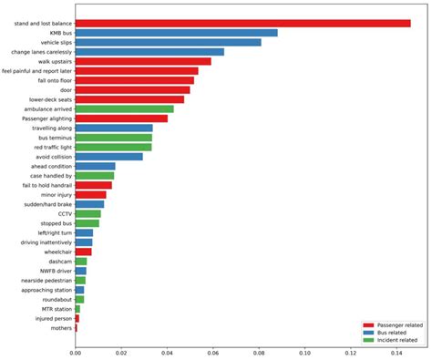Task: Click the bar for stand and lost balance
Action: (x=242, y=24)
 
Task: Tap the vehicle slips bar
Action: (x=168, y=43)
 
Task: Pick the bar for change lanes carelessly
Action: (x=149, y=52)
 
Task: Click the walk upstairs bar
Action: (x=143, y=61)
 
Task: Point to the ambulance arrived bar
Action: (x=124, y=108)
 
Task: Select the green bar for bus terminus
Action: (x=113, y=137)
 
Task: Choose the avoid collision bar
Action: (x=108, y=156)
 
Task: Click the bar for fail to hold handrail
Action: (x=93, y=185)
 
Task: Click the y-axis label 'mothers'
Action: (x=61, y=327)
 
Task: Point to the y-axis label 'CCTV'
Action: (x=64, y=213)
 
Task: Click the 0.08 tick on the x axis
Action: (x=259, y=351)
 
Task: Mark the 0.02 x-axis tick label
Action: (x=121, y=351)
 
